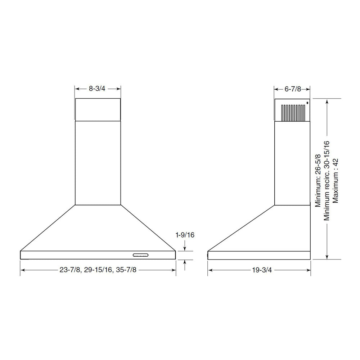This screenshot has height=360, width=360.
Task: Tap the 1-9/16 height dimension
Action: tap(185, 235)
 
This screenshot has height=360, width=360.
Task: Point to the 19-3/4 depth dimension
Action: tap(259, 270)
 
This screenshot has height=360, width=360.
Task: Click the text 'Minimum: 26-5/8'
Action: tap(318, 181)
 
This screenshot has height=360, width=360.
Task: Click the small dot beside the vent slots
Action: tap(307, 103)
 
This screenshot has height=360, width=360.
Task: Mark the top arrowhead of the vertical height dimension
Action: tap(327, 102)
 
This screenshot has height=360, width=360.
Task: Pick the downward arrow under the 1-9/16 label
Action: tap(185, 248)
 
